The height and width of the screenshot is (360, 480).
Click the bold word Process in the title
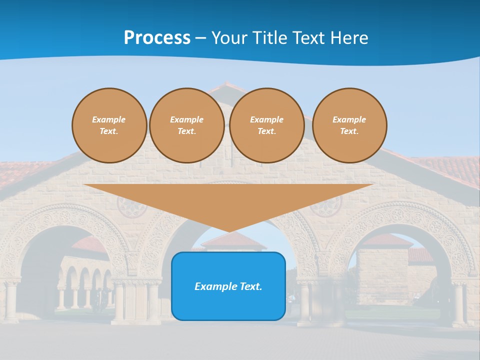[x=157, y=38]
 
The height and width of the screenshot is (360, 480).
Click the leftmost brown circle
[x=109, y=125]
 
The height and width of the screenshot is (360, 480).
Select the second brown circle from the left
[x=186, y=125]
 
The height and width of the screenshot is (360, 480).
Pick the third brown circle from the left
[x=266, y=125]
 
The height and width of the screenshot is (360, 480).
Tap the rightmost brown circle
[x=349, y=125]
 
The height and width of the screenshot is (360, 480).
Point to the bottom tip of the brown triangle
[x=229, y=231]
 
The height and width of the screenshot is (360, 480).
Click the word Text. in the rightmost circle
[x=349, y=131]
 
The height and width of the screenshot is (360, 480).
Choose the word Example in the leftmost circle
[x=109, y=119]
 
